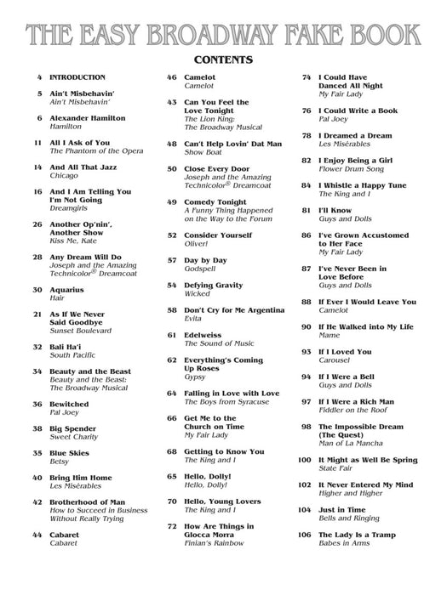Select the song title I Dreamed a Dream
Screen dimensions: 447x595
tap(355, 135)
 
